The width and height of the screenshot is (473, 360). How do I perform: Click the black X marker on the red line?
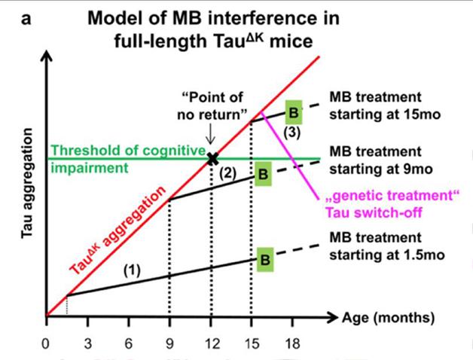pos(212,158)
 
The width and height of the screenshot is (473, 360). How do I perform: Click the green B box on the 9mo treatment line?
pos(263,175)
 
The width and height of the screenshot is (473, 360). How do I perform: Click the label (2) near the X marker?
pos(228,173)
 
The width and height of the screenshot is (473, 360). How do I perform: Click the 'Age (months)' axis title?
pos(392,318)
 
